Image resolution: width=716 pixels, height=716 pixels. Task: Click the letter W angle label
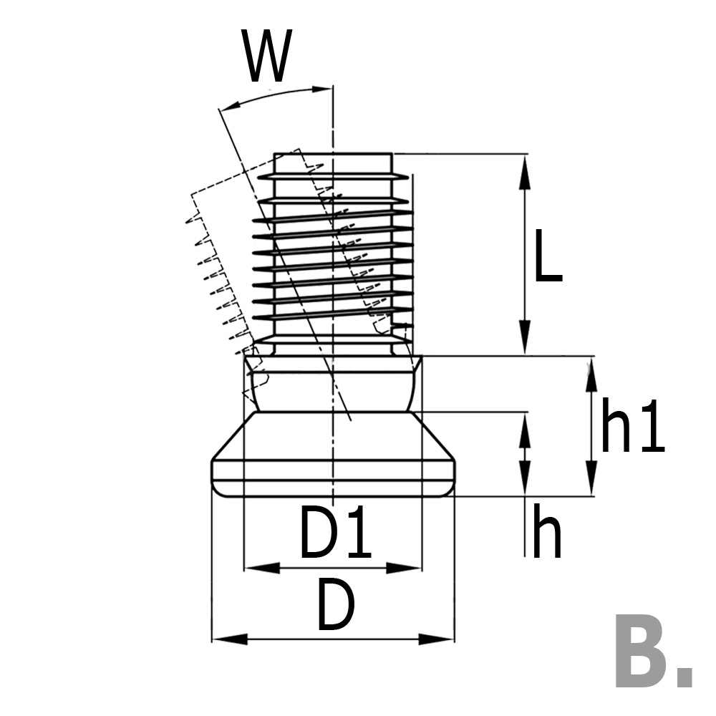point(268,57)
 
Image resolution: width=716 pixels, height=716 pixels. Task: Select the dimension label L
point(548,255)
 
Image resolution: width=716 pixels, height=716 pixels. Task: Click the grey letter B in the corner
point(640,651)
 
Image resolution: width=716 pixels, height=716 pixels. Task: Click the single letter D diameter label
point(335,606)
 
